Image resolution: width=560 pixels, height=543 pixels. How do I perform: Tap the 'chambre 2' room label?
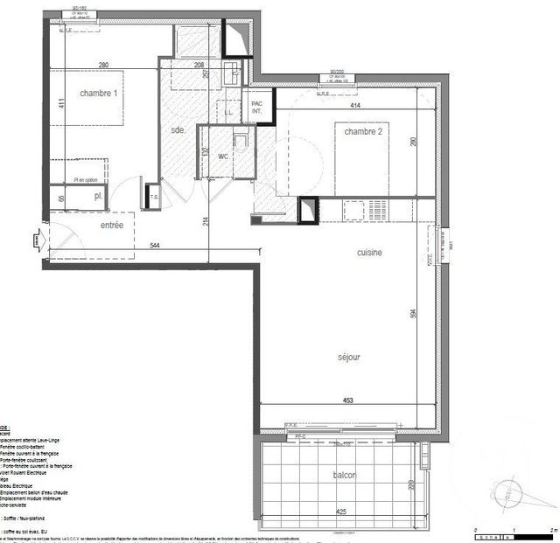tap(363, 131)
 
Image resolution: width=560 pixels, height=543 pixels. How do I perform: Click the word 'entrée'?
tap(111, 226)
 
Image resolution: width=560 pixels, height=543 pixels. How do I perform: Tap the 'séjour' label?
tap(349, 357)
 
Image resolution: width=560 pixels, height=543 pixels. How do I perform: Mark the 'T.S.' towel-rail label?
tap(154, 197)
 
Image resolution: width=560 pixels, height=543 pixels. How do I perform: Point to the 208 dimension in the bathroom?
tap(200, 66)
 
